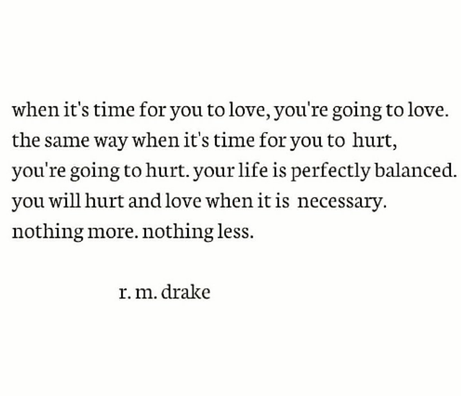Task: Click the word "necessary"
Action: coord(342,202)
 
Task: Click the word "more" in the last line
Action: coord(112,232)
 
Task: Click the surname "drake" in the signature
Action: coord(185,293)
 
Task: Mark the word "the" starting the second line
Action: coord(23,141)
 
